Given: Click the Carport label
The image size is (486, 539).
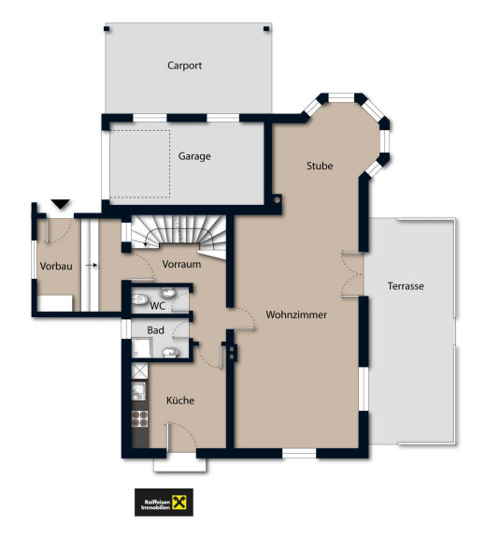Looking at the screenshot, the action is pos(184,66).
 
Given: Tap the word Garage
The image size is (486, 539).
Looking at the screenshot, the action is pos(194,156).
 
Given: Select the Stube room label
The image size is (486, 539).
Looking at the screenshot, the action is pos(320,166).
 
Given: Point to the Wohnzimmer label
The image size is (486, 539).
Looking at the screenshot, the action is pos(296,314).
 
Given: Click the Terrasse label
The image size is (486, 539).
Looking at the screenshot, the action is pos(406,286).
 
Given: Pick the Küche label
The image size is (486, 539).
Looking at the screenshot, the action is pos(180,401).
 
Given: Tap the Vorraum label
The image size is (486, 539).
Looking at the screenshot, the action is pos(181,264).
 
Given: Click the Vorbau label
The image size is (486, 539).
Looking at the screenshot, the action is pos(56,266).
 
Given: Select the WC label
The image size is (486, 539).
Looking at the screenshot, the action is pos(158,306).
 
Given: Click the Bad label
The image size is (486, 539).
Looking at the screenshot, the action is pos(155,330).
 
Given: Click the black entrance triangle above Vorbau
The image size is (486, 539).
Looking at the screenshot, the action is pos(61,203).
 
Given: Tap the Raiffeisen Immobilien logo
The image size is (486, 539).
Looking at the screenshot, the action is pos(164,503).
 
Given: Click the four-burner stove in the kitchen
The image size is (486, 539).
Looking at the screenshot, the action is pos(139,418).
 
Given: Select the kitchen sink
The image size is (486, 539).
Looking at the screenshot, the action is pos(138,391).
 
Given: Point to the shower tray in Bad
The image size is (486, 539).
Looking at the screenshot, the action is pos(142,347).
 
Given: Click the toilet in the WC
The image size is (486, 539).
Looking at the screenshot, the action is pos(138,299).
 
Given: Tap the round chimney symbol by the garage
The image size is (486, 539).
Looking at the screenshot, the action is pos(277,199).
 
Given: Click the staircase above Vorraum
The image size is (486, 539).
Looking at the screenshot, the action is pos(179,234).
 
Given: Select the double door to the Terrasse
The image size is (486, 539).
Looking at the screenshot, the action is pos(352,275).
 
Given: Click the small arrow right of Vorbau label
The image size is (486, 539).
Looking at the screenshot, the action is pos(92,265).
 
